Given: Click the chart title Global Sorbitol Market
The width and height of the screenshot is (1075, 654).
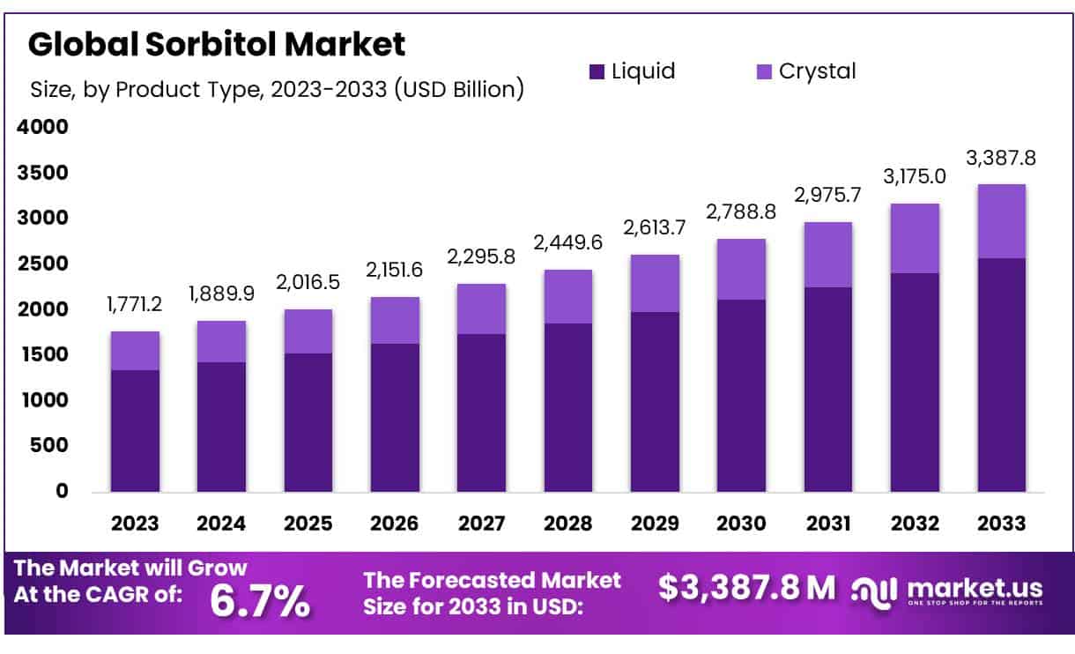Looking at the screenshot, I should point(217,44).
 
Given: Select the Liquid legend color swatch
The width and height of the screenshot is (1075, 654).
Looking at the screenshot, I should point(597,71).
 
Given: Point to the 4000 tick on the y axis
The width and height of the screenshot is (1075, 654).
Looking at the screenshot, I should point(42,127).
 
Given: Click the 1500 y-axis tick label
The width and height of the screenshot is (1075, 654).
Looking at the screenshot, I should point(42,354).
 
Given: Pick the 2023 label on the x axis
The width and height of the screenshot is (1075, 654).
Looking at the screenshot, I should point(135,523).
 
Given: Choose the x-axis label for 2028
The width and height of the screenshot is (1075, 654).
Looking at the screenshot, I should point(568,523).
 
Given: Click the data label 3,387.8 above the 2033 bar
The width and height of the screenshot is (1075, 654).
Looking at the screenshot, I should point(1001,159).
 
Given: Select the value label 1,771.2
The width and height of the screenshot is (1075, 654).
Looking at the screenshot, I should point(135,306).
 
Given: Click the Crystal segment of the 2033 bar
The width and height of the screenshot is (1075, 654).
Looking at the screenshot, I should point(1001,221).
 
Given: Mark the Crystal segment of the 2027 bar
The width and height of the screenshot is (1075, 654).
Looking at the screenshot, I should point(482,308).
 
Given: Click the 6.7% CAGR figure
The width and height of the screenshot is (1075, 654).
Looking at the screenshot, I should point(260,601).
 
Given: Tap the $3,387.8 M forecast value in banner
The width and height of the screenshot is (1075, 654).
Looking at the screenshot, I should point(747,589).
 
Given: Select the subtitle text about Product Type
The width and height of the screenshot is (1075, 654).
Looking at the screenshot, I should point(277,89).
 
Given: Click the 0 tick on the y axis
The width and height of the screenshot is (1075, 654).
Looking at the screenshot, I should point(62,491).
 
